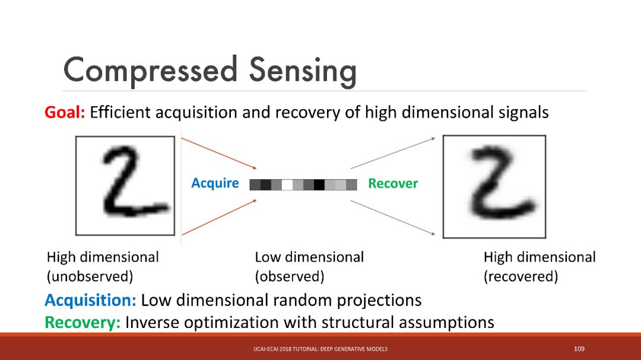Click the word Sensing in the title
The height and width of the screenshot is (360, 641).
tap(303, 71)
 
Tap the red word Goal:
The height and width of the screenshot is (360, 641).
tap(65, 112)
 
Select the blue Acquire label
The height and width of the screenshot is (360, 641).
tap(215, 183)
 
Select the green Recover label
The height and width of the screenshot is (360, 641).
tap(393, 183)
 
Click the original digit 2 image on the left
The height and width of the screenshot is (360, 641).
tap(125, 185)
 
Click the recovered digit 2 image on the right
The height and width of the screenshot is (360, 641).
tap(494, 186)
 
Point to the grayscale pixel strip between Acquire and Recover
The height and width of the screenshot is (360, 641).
tap(303, 184)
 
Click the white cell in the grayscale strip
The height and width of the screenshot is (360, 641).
tap(287, 184)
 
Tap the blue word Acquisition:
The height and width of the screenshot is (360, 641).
tap(90, 300)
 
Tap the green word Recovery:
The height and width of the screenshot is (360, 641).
tap(82, 323)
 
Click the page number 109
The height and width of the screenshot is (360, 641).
tap(579, 349)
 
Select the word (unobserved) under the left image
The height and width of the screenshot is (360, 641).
tap(90, 276)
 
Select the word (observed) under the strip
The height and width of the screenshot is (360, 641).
tap(289, 276)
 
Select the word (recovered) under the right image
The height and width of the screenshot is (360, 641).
tap(521, 276)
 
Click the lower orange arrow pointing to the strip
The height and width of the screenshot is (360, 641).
tap(218, 216)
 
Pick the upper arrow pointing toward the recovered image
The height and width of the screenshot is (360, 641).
tap(393, 153)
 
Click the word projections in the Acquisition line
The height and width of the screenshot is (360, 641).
tap(379, 300)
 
